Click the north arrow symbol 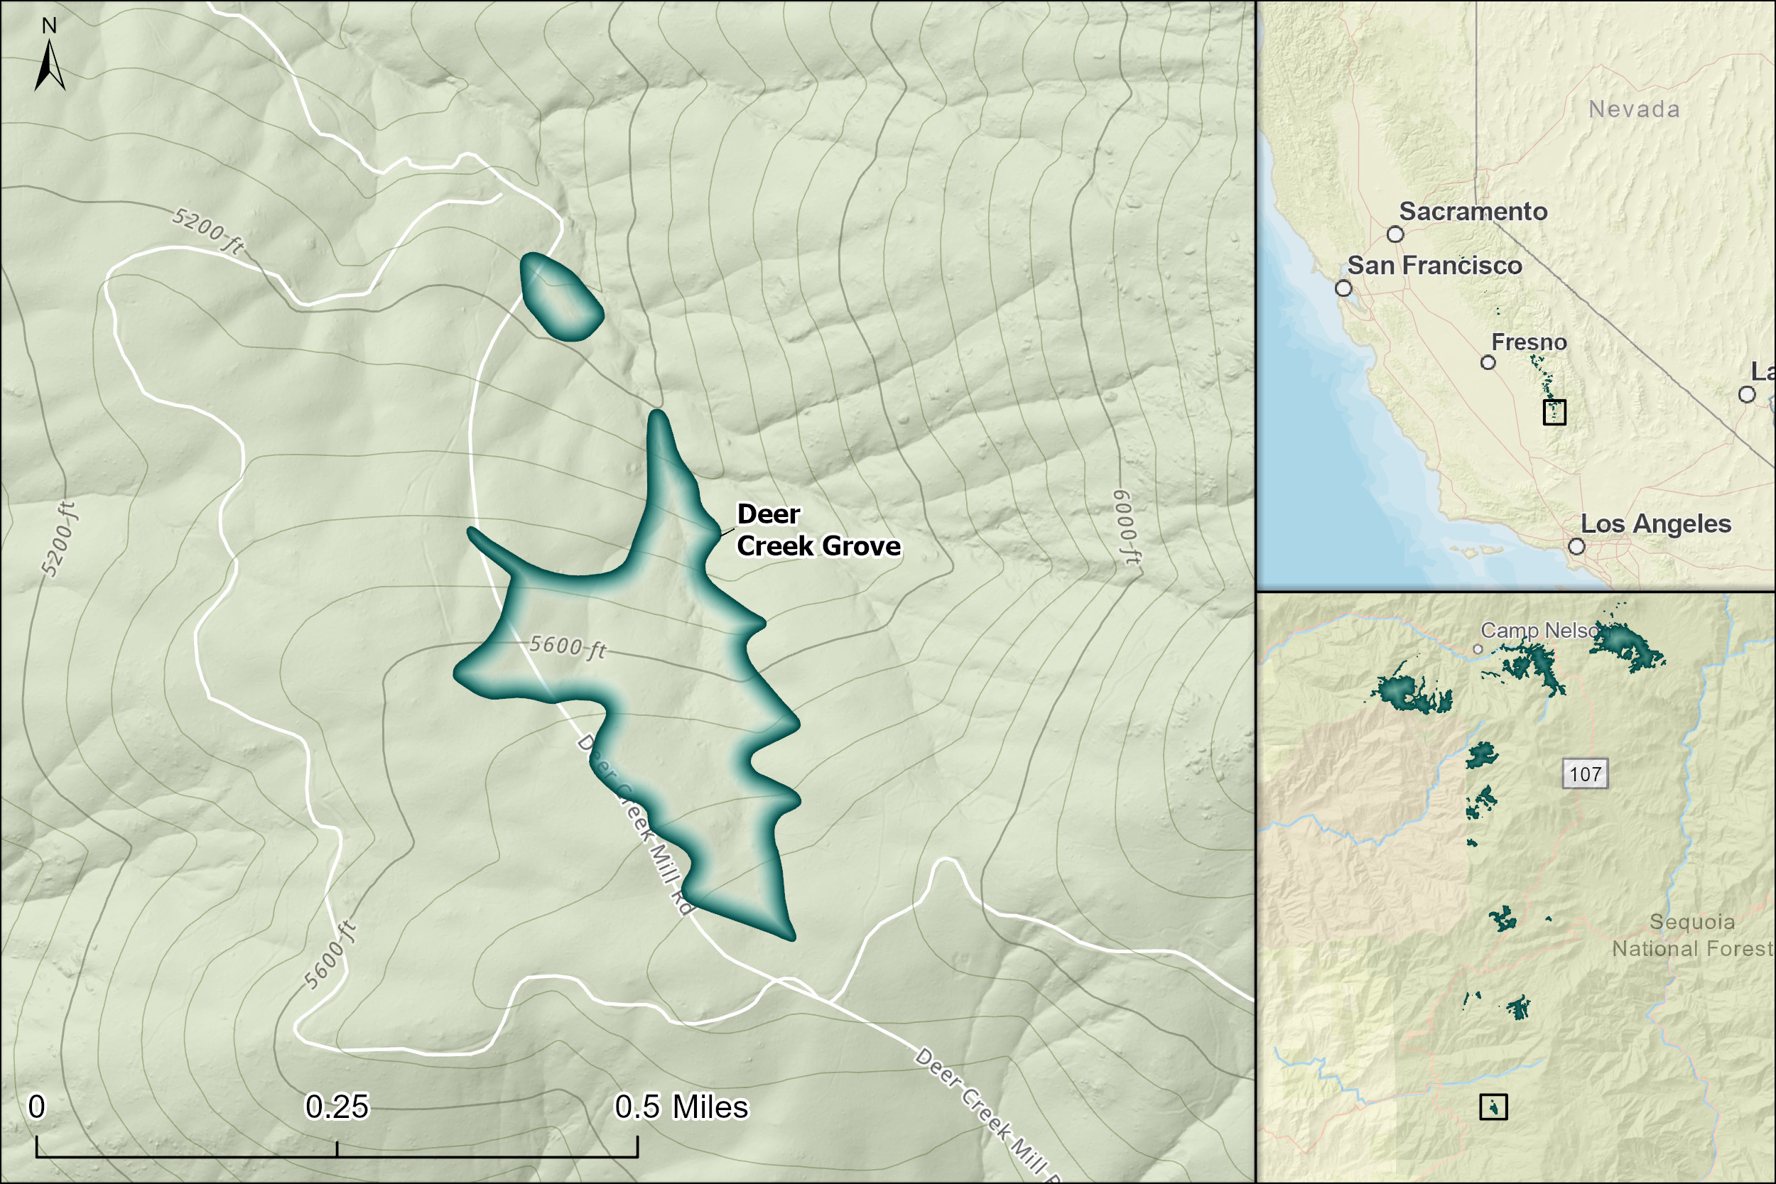click(49, 63)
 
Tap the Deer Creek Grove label click(817, 530)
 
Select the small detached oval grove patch click(561, 297)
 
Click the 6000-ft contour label click(1127, 527)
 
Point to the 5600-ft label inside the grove click(567, 646)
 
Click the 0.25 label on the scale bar click(337, 1107)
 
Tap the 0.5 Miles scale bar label click(681, 1107)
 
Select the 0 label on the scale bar click(36, 1107)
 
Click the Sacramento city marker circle click(1395, 234)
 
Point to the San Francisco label click(1434, 266)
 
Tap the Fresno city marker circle click(1488, 362)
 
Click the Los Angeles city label click(1655, 524)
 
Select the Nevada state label click(1634, 109)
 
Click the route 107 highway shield click(1585, 774)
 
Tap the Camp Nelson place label click(1539, 630)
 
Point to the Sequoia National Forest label click(1691, 935)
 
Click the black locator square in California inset click(1554, 412)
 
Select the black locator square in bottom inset click(1493, 1107)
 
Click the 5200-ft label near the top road click(207, 230)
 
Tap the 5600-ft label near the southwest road click(329, 955)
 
